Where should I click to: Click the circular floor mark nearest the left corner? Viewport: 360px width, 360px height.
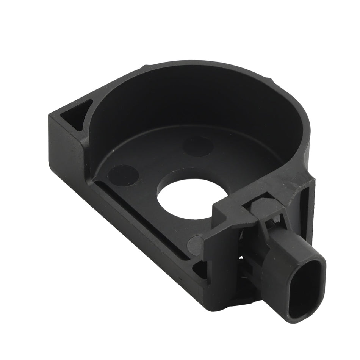[123, 175]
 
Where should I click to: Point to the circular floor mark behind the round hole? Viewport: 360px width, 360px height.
[197, 146]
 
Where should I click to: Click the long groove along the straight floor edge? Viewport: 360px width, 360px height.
[144, 220]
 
